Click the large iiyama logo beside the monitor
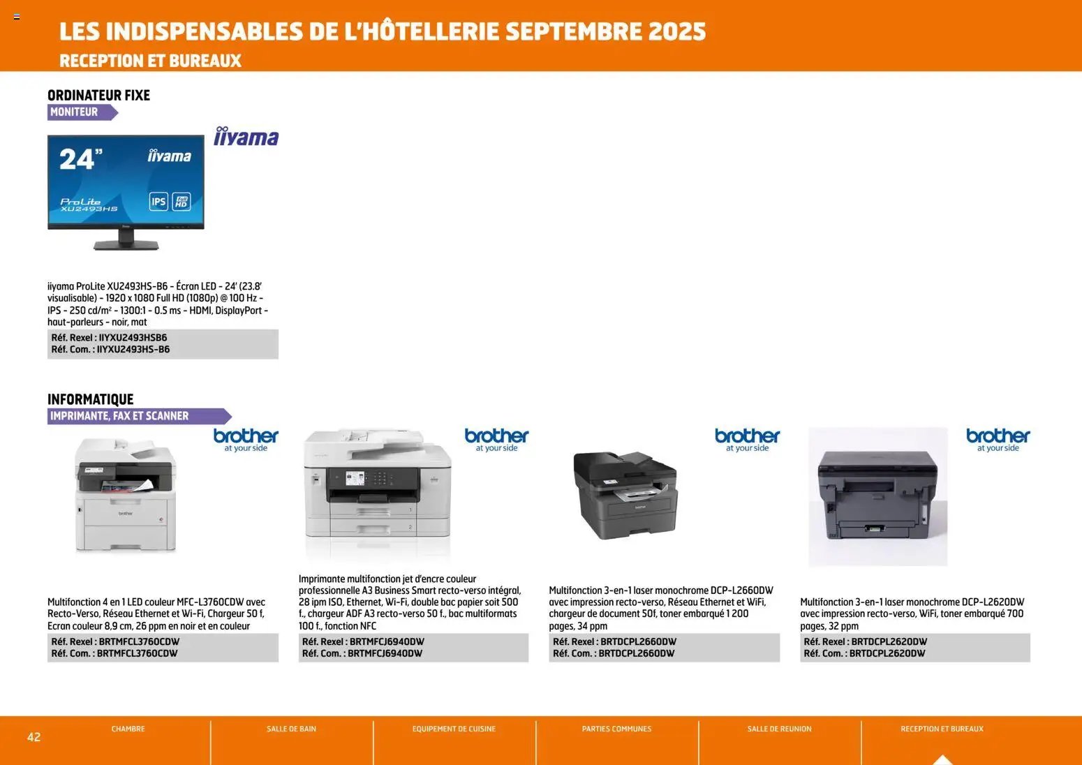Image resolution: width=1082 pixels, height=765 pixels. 246,137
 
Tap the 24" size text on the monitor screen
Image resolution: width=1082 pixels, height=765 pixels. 80,159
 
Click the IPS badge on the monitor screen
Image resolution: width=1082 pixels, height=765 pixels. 158,202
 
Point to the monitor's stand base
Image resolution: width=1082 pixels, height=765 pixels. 126,244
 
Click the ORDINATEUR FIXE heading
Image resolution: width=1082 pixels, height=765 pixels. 98,95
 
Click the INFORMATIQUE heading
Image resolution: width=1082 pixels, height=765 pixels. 90,399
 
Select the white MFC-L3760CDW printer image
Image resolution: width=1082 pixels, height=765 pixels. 126,495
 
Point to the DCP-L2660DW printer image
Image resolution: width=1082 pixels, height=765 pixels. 625,494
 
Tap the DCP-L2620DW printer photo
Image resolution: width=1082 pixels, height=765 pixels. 877,496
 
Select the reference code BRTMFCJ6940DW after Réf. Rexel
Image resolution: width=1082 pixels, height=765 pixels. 387,641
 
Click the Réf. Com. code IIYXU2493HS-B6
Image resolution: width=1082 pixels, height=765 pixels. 133,349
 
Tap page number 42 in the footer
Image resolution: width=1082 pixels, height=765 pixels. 34,737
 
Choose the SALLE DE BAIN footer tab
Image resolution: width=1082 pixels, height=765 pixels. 291,729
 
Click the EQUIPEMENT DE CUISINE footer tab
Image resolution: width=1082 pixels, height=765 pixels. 454,729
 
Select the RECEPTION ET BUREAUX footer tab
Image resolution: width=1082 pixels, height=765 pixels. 942,729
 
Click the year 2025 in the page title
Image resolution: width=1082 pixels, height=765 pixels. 676,31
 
